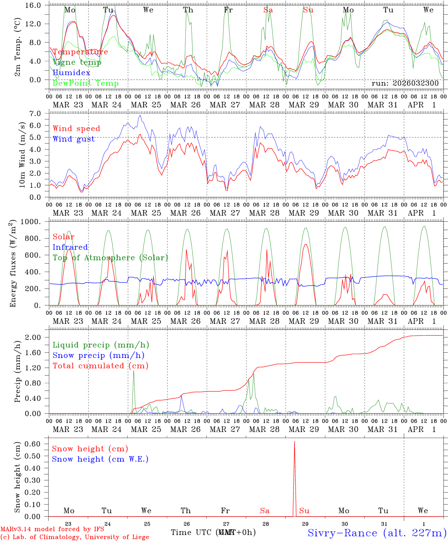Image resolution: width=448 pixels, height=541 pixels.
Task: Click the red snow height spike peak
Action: coord(295,442)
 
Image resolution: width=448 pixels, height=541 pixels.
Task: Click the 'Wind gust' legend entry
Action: coord(74,139)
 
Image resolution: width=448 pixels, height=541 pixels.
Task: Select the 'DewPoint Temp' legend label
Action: coord(86,83)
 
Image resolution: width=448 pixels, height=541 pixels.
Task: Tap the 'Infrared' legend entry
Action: coord(70,247)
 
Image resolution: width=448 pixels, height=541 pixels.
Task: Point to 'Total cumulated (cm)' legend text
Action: coord(100,366)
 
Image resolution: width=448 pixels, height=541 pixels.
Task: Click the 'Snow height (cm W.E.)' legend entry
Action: coord(100,459)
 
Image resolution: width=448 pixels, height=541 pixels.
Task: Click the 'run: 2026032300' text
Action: coord(405,83)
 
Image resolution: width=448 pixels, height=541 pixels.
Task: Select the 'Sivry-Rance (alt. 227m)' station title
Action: coord(377,532)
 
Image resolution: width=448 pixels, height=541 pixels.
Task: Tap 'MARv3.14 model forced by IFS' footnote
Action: coord(52,529)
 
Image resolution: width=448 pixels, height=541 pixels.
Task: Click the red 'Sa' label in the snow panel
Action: coord(265,511)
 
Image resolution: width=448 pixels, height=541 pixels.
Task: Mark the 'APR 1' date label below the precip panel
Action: coord(422,429)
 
